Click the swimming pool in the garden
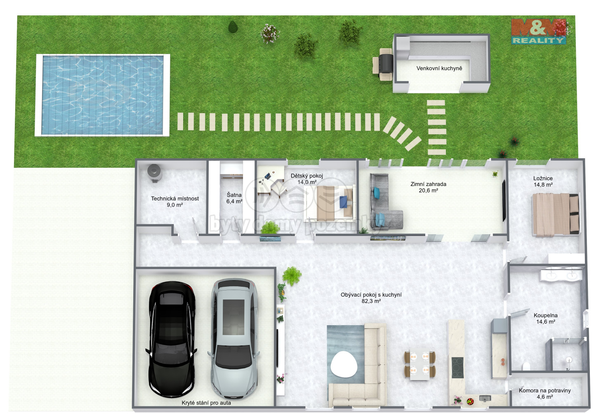102,95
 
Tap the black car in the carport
171,339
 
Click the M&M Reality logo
539,31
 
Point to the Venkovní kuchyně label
439,68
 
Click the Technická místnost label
175,198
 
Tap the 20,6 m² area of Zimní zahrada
428,190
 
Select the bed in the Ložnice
556,214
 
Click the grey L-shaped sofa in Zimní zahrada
384,202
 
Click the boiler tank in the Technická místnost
154,173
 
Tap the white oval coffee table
344,364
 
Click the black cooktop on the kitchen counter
457,368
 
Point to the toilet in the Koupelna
526,366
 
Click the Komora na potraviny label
544,390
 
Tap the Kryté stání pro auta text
206,403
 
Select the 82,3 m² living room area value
371,301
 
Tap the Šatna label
234,195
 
